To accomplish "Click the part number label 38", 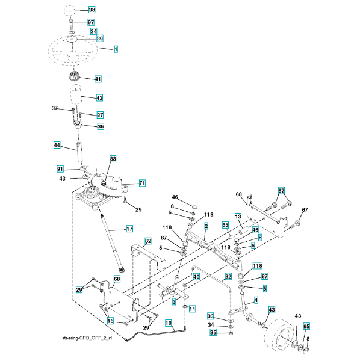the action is [92, 10].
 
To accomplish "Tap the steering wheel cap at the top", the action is [69, 11].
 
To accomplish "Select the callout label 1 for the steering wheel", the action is [116, 49].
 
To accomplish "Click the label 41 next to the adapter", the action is [98, 79].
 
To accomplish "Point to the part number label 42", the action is [99, 98].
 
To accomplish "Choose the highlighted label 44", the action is [57, 145].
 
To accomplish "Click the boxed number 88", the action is [113, 159].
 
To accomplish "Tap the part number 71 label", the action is [142, 183].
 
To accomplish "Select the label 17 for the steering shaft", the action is [129, 229].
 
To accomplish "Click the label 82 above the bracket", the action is [148, 241].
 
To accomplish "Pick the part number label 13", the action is [238, 217].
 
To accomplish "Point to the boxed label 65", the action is [225, 225].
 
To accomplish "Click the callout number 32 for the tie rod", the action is [228, 276].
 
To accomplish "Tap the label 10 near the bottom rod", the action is [169, 323].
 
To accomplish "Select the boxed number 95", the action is [306, 326].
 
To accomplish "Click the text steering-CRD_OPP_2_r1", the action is [87, 338].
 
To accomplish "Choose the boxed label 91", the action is [60, 169].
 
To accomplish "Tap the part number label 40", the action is [196, 277].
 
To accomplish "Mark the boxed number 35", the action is [213, 332].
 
